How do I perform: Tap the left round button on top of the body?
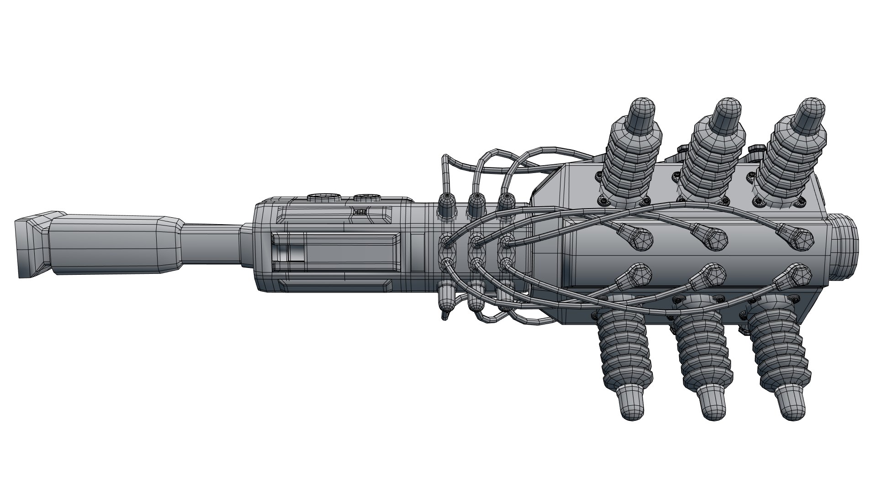pyautogui.click(x=324, y=198)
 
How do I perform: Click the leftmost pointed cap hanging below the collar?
pyautogui.click(x=446, y=297)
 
